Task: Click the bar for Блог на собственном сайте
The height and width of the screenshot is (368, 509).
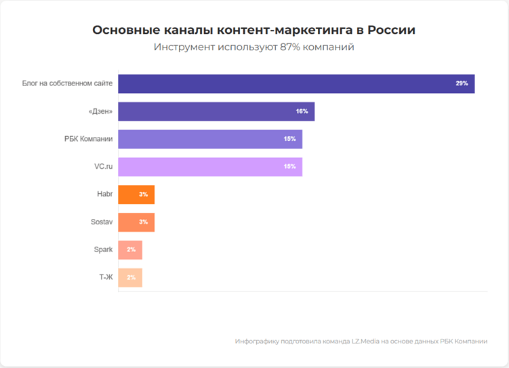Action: pyautogui.click(x=296, y=83)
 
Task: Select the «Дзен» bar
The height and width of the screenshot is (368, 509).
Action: pyautogui.click(x=216, y=111)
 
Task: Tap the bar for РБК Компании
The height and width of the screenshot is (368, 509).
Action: pyautogui.click(x=210, y=139)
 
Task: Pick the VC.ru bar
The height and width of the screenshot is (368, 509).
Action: pyautogui.click(x=210, y=166)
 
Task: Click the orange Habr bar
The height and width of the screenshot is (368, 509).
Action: pyautogui.click(x=136, y=195)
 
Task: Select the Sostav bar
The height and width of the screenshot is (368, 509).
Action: pyautogui.click(x=136, y=222)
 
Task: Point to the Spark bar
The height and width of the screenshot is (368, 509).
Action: pyautogui.click(x=130, y=250)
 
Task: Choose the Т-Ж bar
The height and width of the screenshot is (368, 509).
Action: pyautogui.click(x=130, y=278)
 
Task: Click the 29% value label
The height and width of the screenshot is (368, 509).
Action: pyautogui.click(x=462, y=83)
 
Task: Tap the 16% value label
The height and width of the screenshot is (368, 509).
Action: pyautogui.click(x=302, y=111)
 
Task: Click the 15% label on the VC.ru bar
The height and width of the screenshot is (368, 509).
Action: pyautogui.click(x=289, y=167)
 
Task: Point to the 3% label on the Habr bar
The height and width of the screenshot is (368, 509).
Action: pyautogui.click(x=143, y=195)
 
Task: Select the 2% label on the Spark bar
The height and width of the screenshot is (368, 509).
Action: pyautogui.click(x=131, y=250)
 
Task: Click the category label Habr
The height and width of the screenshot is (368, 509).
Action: pyautogui.click(x=104, y=195)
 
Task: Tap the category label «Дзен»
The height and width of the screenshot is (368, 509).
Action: pyautogui.click(x=100, y=111)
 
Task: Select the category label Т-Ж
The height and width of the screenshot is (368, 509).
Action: pyautogui.click(x=106, y=278)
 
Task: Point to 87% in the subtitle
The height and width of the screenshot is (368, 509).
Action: pyautogui.click(x=291, y=47)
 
